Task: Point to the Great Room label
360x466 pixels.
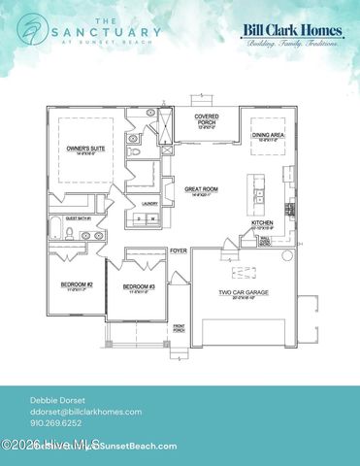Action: pyautogui.click(x=205, y=191)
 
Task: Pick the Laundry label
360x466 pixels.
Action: pyautogui.click(x=150, y=203)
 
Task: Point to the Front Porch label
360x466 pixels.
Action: pyautogui.click(x=179, y=328)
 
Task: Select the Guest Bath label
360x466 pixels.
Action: pyautogui.click(x=78, y=219)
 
